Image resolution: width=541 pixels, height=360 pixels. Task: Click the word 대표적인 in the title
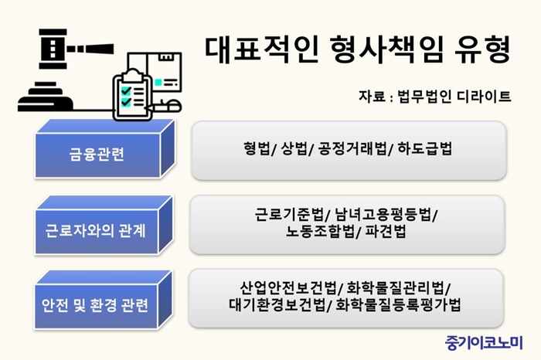pos(261,50)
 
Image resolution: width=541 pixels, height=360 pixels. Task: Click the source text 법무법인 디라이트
pos(454,97)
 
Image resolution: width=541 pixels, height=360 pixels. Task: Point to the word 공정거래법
pos(352,148)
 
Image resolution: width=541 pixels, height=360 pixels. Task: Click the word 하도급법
pos(425,148)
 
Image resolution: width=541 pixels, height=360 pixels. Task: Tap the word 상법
pos(294,148)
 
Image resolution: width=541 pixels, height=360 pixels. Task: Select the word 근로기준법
pos(289,214)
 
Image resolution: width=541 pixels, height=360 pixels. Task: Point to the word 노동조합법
pos(320,232)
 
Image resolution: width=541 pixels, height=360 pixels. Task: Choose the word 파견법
pos(386,232)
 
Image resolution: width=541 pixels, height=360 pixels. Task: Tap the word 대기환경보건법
pos(277,304)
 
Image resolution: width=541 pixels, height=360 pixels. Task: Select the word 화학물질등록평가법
pos(398,304)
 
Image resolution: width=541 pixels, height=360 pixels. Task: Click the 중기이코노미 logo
pos(484,343)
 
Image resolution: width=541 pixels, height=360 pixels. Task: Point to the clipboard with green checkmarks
pos(132,95)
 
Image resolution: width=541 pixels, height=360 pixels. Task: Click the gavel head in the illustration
pos(53,49)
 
